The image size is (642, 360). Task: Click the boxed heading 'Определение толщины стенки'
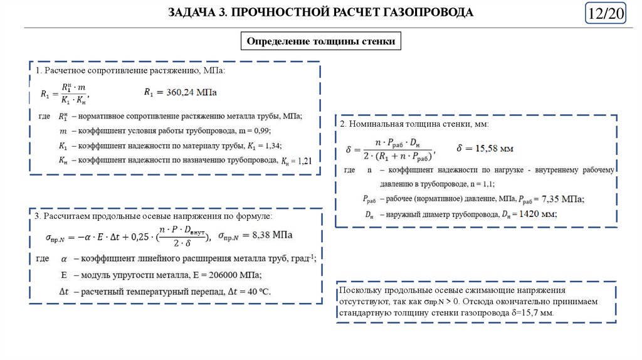[x=320, y=41]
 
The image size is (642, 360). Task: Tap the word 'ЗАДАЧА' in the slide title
[x=190, y=13]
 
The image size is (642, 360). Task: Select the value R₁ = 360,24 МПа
[x=181, y=92]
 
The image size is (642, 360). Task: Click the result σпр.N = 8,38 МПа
[x=255, y=235]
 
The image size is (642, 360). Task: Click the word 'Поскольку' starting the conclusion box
[x=358, y=291]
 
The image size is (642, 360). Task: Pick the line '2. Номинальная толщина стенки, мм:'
[x=414, y=124]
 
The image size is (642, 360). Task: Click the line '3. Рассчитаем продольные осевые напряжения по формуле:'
[x=154, y=216]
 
